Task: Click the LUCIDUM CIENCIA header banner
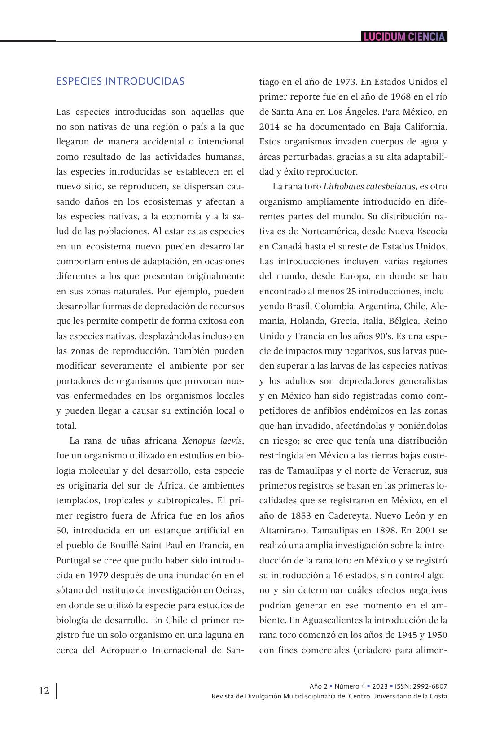pos(404,37)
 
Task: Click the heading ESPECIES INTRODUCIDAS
pos(120,81)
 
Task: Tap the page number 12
pos(44,690)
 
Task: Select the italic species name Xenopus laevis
pos(212,441)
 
